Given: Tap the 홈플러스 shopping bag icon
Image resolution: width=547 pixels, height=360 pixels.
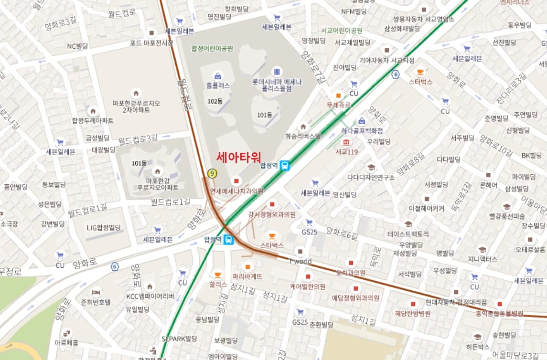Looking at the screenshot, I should [x=218, y=75].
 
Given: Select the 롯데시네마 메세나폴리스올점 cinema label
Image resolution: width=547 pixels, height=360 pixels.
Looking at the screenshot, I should [x=277, y=85].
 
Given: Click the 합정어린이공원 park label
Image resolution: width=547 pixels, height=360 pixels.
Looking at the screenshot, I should [x=212, y=48].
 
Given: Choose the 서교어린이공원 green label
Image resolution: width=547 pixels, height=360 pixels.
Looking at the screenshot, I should [x=342, y=31].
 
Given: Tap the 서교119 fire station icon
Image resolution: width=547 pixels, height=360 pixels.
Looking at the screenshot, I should [x=346, y=143].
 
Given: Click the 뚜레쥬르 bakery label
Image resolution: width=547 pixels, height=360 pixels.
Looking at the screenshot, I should [x=338, y=105].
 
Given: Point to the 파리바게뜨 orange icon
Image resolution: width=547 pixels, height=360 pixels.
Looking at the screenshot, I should [x=247, y=266].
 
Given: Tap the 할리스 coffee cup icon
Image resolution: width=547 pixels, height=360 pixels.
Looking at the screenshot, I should [x=217, y=275].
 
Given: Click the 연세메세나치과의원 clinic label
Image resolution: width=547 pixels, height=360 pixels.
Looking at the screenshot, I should [x=237, y=191].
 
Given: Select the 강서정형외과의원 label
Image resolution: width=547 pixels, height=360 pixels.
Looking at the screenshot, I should [x=272, y=214].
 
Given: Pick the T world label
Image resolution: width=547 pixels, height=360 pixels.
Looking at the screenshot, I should [x=300, y=261].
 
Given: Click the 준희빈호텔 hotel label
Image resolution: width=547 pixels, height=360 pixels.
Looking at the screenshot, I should [x=96, y=302].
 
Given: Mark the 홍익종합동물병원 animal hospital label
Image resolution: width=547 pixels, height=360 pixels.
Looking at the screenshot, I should [x=499, y=314].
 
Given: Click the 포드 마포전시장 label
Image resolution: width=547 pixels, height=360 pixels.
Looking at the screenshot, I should [x=151, y=43].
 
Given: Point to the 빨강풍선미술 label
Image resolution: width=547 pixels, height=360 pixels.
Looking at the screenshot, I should [x=507, y=216].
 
